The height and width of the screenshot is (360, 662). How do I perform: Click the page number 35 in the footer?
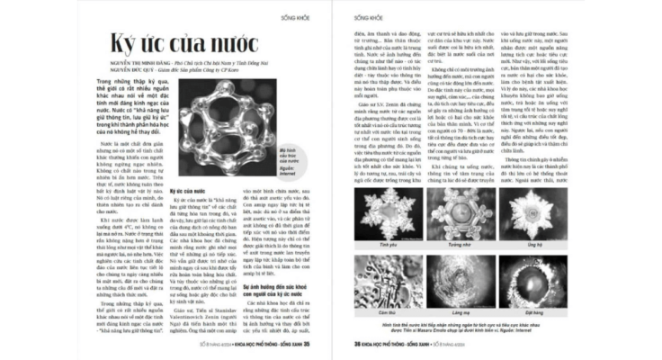pos(308,345)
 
